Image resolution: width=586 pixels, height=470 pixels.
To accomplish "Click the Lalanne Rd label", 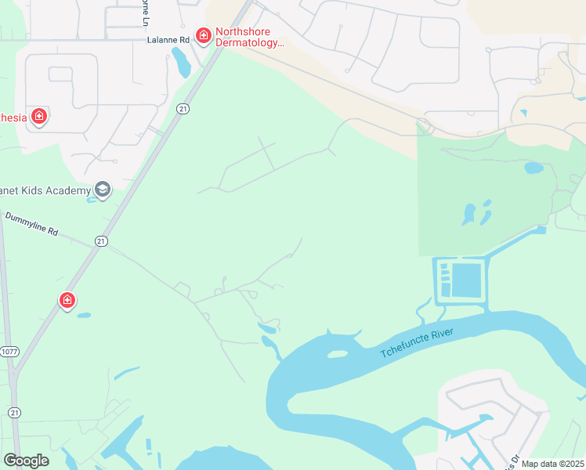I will (x=168, y=38).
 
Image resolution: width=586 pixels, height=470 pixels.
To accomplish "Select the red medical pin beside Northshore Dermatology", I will (x=204, y=35).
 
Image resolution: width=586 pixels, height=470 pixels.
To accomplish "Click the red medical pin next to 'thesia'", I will (x=38, y=117).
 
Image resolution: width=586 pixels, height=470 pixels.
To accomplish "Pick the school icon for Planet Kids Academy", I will (x=102, y=189).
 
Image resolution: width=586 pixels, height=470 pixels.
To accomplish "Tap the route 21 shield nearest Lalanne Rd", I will (x=183, y=108).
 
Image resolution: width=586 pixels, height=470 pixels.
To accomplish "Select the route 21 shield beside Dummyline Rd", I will (x=101, y=242).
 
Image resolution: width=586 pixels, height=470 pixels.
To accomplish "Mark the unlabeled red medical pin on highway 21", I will (x=67, y=300).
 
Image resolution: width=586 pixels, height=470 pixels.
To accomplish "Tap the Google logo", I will (x=27, y=460).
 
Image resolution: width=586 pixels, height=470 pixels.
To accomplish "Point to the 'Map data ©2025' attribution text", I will (x=552, y=464).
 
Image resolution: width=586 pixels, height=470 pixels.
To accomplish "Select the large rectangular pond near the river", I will (x=467, y=280).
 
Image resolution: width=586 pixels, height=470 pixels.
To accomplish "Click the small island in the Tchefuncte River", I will (x=337, y=354).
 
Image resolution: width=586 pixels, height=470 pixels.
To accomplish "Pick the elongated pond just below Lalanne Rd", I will (x=181, y=63).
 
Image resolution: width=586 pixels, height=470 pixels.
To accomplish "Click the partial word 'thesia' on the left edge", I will (x=13, y=117).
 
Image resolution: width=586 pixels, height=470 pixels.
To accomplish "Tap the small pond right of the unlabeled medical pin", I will (x=84, y=316).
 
